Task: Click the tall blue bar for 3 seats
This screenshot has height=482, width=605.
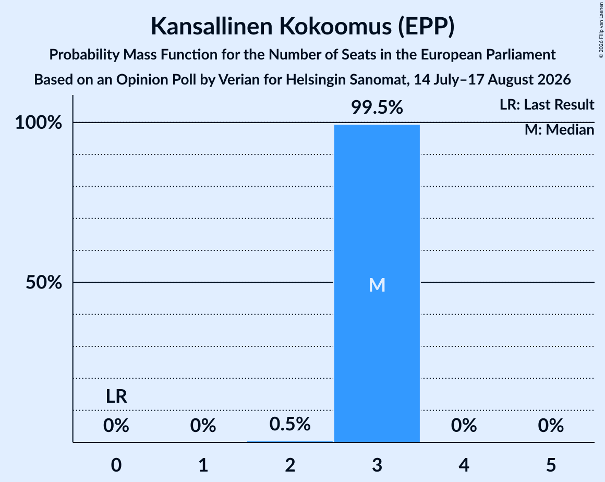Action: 377,283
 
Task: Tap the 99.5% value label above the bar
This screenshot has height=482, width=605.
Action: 377,107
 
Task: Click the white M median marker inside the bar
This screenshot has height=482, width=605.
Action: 377,285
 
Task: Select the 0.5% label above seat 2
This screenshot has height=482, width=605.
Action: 290,424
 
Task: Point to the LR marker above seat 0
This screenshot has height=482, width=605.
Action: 116,396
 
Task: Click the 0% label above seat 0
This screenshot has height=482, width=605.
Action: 116,426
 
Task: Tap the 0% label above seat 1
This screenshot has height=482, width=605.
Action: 203,426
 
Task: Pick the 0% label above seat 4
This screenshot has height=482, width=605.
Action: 464,426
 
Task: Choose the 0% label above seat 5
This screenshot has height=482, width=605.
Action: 551,426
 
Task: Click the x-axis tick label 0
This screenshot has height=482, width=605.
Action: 116,465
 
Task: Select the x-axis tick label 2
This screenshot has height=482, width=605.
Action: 290,465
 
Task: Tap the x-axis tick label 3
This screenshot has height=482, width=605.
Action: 377,465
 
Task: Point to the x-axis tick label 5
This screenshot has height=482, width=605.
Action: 551,465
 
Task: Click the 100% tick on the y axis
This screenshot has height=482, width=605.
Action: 39,123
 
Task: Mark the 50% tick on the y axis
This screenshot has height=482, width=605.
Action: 44,283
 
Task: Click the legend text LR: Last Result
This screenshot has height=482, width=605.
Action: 547,104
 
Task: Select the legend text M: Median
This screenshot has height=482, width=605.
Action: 560,130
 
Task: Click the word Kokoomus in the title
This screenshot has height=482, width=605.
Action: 335,26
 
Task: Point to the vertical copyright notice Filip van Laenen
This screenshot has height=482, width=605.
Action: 601,29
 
